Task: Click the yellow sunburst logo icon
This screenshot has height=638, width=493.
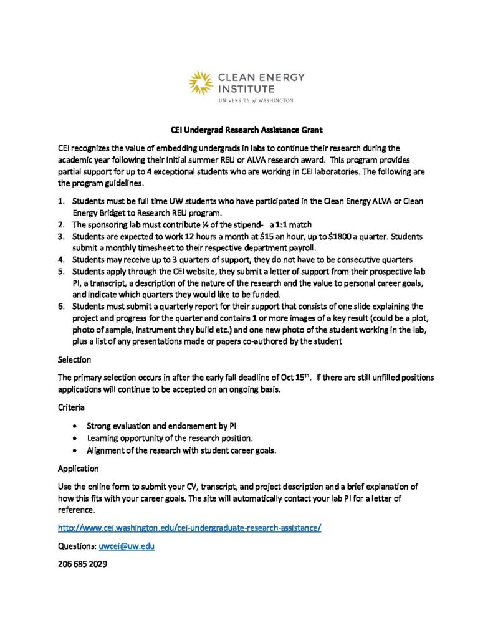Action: [x=202, y=83]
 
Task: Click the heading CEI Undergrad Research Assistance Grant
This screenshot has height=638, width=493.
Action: [x=246, y=130]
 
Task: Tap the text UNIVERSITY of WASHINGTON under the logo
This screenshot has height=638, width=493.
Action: [x=255, y=100]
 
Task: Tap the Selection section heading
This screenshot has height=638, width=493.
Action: [x=74, y=359]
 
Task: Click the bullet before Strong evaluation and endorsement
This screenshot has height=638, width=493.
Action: [x=75, y=427]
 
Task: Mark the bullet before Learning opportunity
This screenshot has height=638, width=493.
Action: [x=75, y=438]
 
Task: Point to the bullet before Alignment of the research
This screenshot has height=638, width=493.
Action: [x=75, y=450]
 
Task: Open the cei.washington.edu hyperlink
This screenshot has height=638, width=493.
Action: [x=189, y=528]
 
